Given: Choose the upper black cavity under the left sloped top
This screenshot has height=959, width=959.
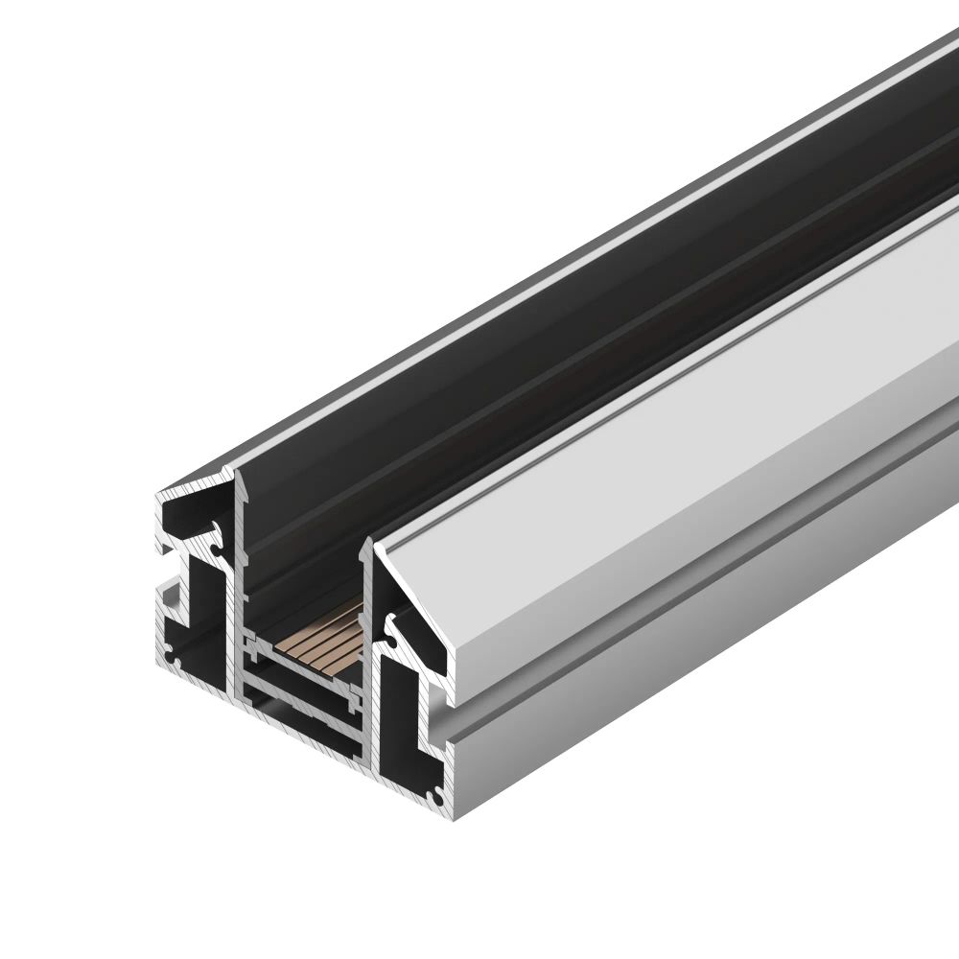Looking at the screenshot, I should point(192,518).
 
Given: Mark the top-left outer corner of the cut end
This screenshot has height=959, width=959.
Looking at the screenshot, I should point(158,494).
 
